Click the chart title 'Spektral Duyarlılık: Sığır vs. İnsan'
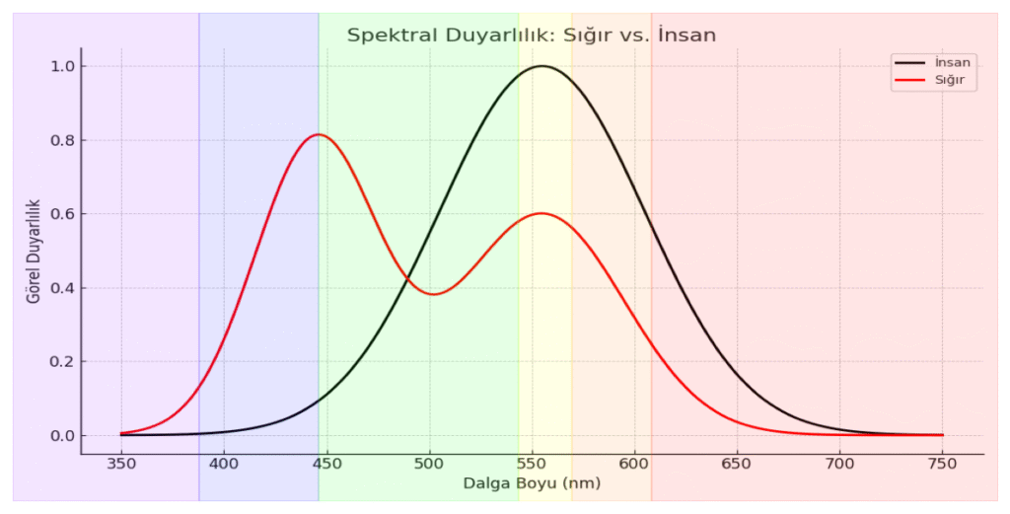click(531, 35)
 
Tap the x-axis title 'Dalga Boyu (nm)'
click(532, 483)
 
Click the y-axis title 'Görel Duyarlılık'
click(34, 251)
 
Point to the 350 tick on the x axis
click(121, 463)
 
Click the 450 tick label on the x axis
click(326, 463)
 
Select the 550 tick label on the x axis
click(532, 463)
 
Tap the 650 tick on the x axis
click(737, 463)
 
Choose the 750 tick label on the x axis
click(942, 463)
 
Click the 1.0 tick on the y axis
click(63, 66)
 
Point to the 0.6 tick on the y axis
click(63, 214)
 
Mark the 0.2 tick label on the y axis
click(63, 362)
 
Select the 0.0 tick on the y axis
click(63, 436)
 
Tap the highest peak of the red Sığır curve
click(319, 134)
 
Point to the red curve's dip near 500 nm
click(434, 294)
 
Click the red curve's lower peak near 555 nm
click(541, 213)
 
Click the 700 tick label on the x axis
click(839, 463)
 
